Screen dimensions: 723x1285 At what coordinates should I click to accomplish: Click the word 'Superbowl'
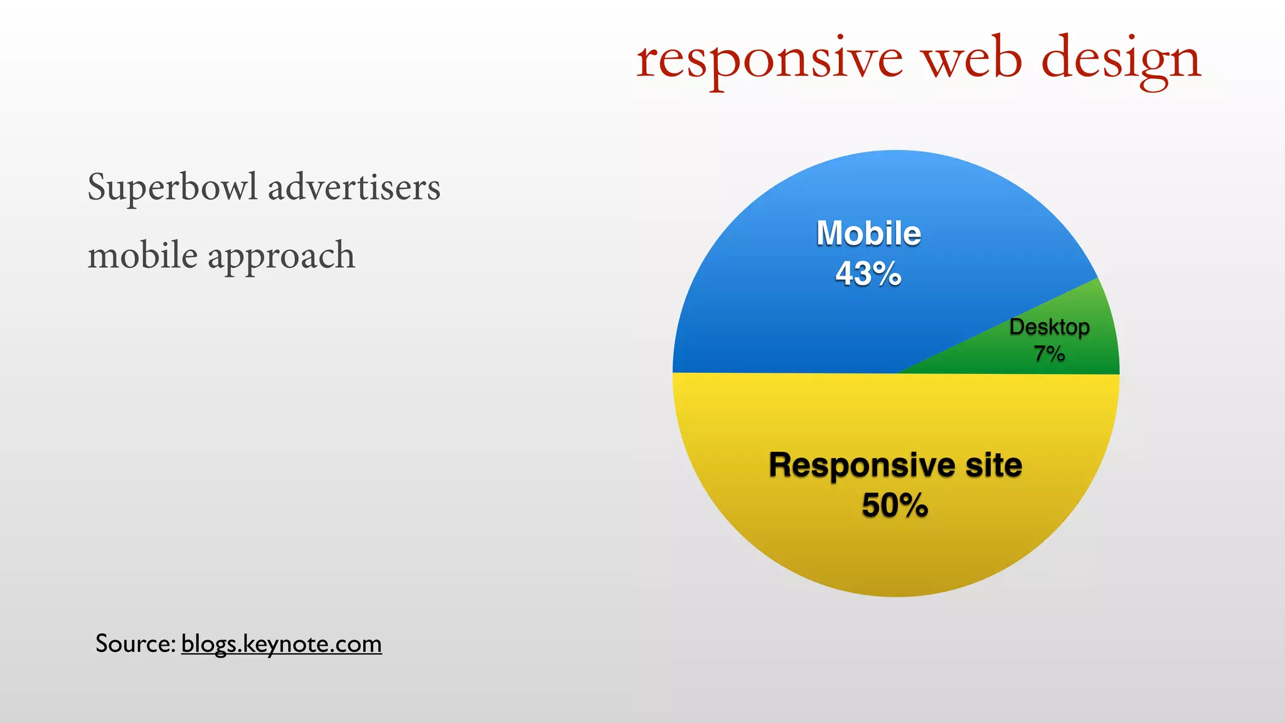[173, 187]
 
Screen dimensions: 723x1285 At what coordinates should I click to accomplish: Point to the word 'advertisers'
[355, 187]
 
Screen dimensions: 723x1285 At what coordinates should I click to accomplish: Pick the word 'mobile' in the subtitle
[142, 255]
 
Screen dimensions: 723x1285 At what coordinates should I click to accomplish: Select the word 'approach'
[281, 256]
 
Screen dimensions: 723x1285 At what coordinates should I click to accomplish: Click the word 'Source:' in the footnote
[135, 643]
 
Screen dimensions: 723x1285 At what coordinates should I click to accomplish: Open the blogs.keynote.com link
[281, 644]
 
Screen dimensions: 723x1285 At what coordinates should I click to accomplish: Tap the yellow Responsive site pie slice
[896, 552]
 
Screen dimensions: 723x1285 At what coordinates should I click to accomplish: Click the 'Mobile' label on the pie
[868, 233]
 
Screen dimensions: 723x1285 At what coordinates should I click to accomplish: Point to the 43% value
[868, 274]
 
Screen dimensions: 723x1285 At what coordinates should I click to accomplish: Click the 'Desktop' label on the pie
[1049, 327]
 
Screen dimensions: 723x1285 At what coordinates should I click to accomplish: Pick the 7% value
[1049, 354]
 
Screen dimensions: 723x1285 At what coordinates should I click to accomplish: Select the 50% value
[895, 505]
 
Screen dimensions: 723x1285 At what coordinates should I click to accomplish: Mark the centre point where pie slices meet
[896, 373]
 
